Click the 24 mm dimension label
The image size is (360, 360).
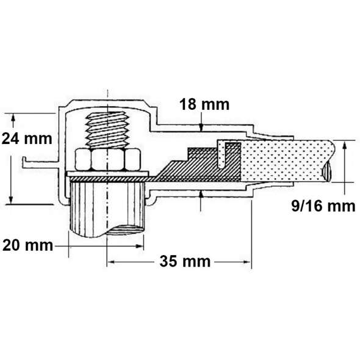coord(27,139)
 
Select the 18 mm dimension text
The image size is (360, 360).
coord(204,105)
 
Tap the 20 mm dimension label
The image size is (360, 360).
coord(27,245)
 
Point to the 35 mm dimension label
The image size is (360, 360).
coord(185,262)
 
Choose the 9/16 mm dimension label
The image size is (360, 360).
coord(323,206)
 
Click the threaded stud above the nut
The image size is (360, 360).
coord(107,130)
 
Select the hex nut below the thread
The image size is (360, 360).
coord(107,160)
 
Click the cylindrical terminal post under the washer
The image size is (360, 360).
coord(107,209)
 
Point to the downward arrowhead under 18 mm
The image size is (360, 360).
coord(201,127)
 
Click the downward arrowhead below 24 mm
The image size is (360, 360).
coord(11,200)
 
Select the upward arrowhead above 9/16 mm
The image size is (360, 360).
coord(344,145)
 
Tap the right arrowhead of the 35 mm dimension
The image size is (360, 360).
coord(247,262)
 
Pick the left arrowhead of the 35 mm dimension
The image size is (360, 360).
coord(111,262)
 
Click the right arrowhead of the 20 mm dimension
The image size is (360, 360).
coord(139,246)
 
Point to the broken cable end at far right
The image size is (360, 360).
coord(327,170)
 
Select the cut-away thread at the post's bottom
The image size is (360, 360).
coord(125,230)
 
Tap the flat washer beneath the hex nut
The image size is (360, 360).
coord(108,173)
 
